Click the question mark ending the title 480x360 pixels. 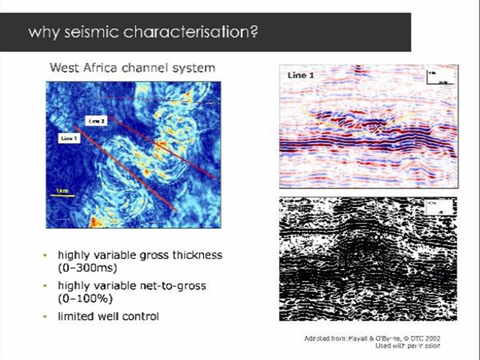click(255, 32)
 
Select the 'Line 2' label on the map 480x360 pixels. click(97, 121)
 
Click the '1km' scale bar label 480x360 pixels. click(62, 191)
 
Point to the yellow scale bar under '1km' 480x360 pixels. click(62, 195)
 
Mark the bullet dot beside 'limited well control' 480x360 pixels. click(45, 316)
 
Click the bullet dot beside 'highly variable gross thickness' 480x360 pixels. click(45, 255)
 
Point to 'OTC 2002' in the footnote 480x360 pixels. click(426, 338)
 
